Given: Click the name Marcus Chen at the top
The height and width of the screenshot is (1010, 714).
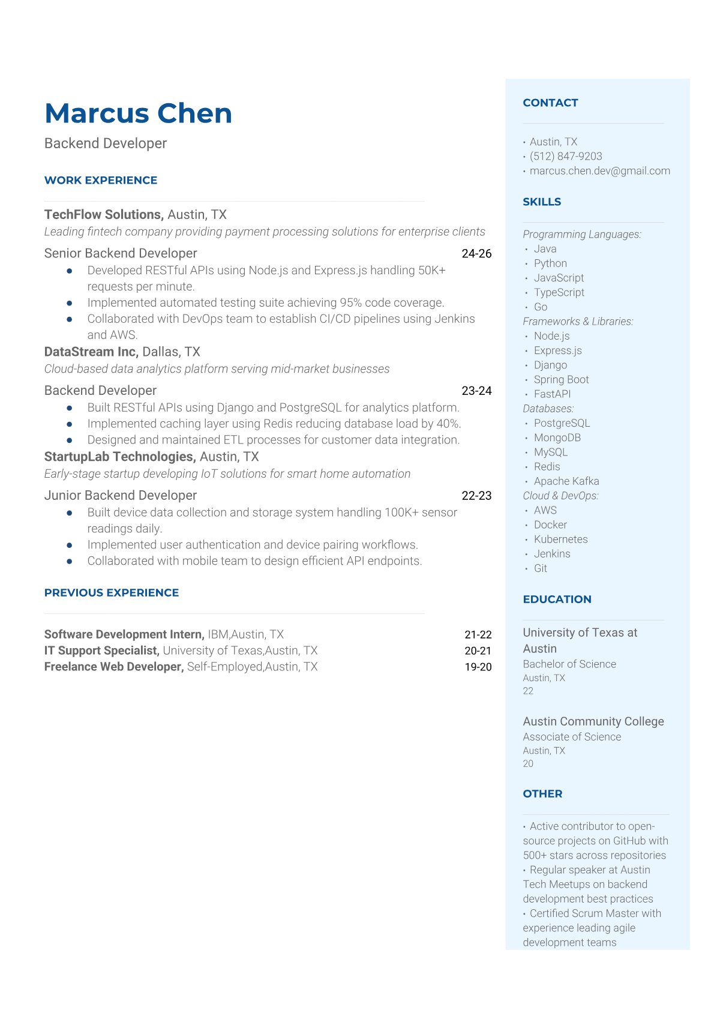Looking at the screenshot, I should click(x=138, y=113).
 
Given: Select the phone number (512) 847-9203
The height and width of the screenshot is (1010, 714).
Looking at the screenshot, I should click(x=565, y=156).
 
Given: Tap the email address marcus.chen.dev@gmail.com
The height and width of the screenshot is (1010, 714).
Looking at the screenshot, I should click(x=599, y=170).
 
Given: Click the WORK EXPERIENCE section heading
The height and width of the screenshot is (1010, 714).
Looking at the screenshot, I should click(x=101, y=180).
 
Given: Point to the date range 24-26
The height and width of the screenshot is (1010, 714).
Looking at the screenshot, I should click(x=476, y=253).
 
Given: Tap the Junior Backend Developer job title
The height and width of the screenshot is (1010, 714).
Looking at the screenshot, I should click(x=121, y=495).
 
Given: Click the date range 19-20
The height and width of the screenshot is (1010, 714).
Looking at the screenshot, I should click(x=478, y=667).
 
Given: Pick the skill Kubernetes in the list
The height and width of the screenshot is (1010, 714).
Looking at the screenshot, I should click(x=560, y=539).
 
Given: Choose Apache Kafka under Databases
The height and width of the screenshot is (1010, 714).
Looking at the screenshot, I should click(x=566, y=481).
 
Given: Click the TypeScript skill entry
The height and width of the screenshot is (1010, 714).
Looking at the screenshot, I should click(x=559, y=292).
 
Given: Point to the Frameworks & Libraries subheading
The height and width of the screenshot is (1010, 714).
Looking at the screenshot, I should click(x=578, y=321).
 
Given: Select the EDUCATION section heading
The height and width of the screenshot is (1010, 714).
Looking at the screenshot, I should click(x=557, y=599).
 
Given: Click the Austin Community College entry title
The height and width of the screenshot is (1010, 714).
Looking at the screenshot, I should click(x=593, y=721).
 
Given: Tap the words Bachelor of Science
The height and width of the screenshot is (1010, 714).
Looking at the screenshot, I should click(x=569, y=664).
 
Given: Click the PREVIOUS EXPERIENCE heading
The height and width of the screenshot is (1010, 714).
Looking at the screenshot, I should click(x=112, y=592).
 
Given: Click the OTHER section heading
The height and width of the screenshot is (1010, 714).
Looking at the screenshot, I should click(x=542, y=793).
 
